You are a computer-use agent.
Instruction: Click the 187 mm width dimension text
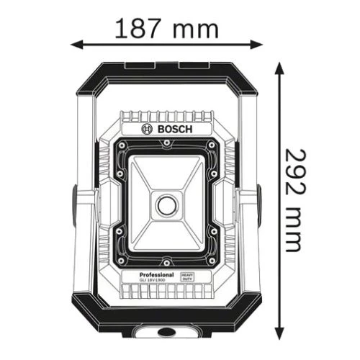click(x=166, y=28)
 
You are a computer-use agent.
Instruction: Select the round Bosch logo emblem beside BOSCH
click(x=148, y=130)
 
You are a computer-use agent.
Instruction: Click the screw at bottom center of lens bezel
click(x=166, y=261)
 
